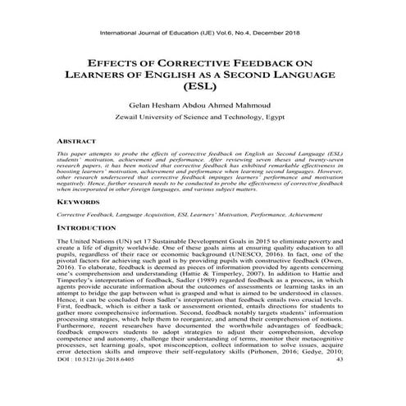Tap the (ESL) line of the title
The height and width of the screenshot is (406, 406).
coord(203,86)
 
